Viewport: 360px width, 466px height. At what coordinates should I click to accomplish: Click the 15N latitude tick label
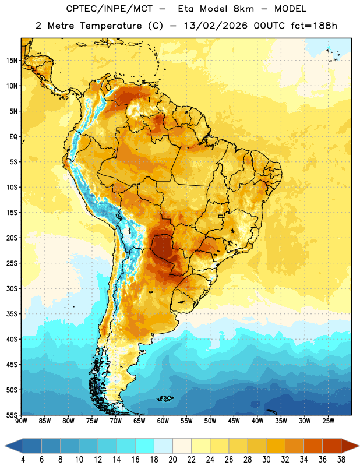pyautogui.click(x=12, y=61)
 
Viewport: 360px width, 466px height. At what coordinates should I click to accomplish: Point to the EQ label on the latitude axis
pyautogui.click(x=13, y=137)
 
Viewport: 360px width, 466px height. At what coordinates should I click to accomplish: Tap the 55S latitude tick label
pyautogui.click(x=12, y=415)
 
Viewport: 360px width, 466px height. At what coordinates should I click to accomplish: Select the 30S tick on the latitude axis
pyautogui.click(x=12, y=288)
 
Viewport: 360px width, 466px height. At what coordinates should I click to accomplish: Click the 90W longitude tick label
pyautogui.click(x=21, y=421)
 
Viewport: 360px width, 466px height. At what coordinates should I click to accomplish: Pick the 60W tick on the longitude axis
pyautogui.click(x=163, y=421)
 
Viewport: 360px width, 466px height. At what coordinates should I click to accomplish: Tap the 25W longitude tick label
pyautogui.click(x=328, y=421)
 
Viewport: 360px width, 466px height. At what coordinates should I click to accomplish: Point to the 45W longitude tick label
pyautogui.click(x=234, y=421)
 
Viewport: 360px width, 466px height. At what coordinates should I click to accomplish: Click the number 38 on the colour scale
pyautogui.click(x=341, y=460)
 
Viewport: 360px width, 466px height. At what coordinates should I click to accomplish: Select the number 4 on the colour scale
pyautogui.click(x=23, y=460)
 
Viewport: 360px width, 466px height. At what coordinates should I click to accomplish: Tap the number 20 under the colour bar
pyautogui.click(x=172, y=460)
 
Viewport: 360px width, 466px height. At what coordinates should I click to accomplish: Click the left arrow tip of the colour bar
pyautogui.click(x=5, y=446)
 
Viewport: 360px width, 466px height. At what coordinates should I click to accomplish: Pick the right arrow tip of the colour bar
pyautogui.click(x=359, y=446)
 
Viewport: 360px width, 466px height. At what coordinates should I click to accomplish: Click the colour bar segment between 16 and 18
pyautogui.click(x=145, y=446)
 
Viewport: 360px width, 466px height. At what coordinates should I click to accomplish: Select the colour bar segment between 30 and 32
pyautogui.click(x=276, y=446)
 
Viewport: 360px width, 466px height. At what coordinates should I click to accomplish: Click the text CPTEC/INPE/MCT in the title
pyautogui.click(x=110, y=9)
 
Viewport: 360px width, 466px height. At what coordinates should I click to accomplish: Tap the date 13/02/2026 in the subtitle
pyautogui.click(x=216, y=26)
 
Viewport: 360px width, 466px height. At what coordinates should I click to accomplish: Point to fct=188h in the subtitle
pyautogui.click(x=314, y=26)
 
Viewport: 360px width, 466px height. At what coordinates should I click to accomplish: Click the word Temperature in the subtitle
pyautogui.click(x=111, y=26)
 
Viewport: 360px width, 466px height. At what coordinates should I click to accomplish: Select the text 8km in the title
pyautogui.click(x=243, y=9)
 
